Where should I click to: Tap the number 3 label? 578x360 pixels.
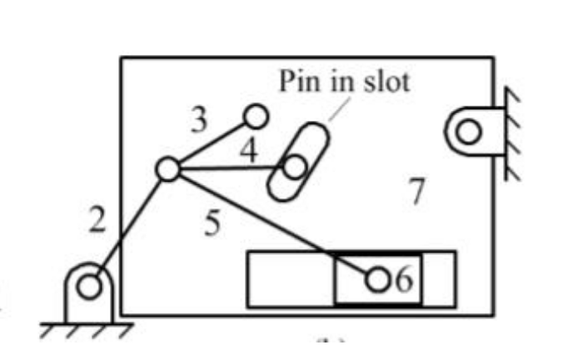198,121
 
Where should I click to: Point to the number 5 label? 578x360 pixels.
213,223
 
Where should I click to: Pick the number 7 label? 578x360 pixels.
417,192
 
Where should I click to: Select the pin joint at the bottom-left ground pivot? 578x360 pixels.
87,287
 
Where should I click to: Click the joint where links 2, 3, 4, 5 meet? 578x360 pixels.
167,169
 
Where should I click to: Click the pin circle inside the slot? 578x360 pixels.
293,167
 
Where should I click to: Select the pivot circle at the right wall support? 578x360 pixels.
468,131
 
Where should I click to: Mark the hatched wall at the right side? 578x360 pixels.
511,133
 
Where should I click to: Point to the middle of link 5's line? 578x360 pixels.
272,224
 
